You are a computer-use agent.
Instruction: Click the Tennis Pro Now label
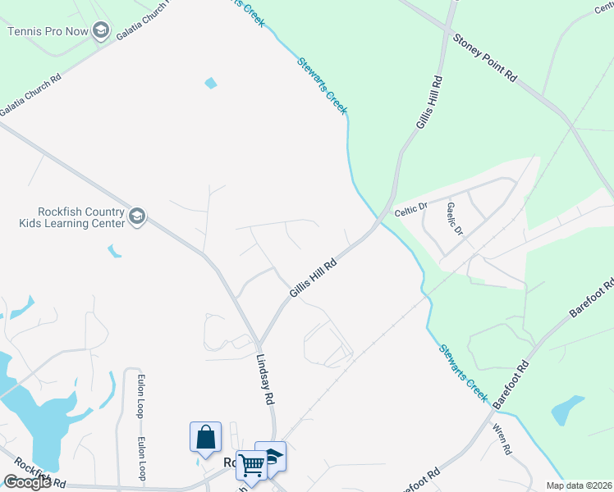point(48,31)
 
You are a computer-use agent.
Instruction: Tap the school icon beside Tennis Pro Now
point(101,31)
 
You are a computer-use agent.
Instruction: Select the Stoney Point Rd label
point(485,58)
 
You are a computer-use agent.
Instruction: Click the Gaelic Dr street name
point(454,217)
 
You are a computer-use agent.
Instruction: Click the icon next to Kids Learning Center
point(137,216)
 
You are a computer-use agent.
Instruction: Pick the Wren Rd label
point(502,440)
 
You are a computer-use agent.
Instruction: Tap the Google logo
point(27,482)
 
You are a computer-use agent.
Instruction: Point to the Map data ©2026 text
point(579,485)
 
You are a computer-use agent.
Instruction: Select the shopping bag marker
point(205,436)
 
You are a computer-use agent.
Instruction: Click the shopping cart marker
point(251,465)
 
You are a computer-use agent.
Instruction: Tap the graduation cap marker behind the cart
point(273,455)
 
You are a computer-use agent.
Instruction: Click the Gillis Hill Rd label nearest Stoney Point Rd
point(429,103)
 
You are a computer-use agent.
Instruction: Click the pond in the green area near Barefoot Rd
point(567,409)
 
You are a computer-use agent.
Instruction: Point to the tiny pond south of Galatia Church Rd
point(212,83)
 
